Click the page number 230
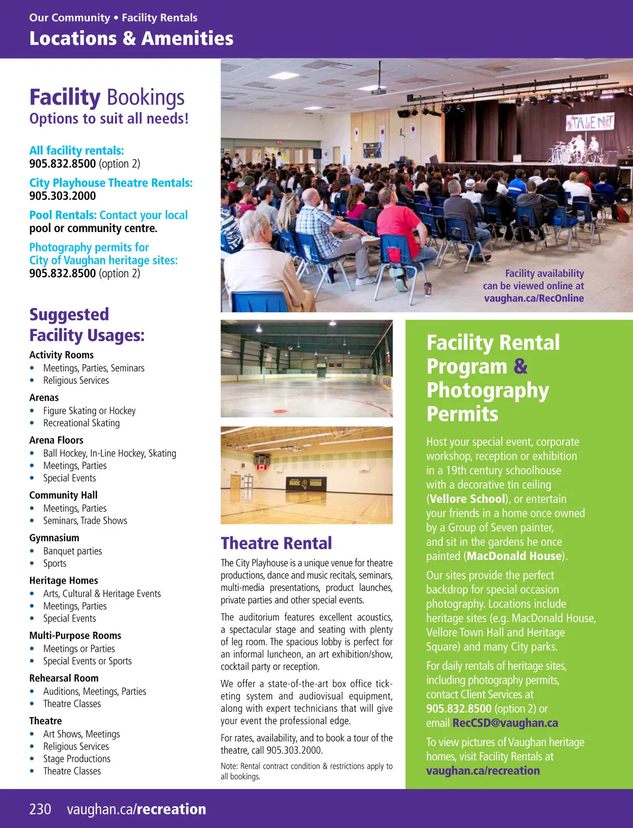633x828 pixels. tap(40, 809)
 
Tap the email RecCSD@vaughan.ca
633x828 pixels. tap(505, 723)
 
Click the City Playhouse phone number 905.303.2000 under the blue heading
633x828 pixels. tap(62, 196)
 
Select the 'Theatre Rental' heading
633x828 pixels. tap(276, 543)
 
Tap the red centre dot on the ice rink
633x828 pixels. tap(281, 411)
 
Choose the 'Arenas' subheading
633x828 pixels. tap(44, 397)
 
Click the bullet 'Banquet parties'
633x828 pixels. tap(72, 551)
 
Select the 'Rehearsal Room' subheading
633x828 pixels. tap(63, 678)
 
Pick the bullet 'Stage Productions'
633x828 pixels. tap(76, 759)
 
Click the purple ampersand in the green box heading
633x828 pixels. tap(520, 366)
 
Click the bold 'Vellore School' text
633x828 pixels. tap(467, 499)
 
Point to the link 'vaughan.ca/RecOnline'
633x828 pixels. tap(534, 298)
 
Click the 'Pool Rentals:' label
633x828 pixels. tap(63, 215)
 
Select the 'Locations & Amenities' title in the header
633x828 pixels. tap(131, 39)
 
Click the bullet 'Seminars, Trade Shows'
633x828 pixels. tap(85, 521)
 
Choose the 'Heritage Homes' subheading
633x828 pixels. tap(63, 580)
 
